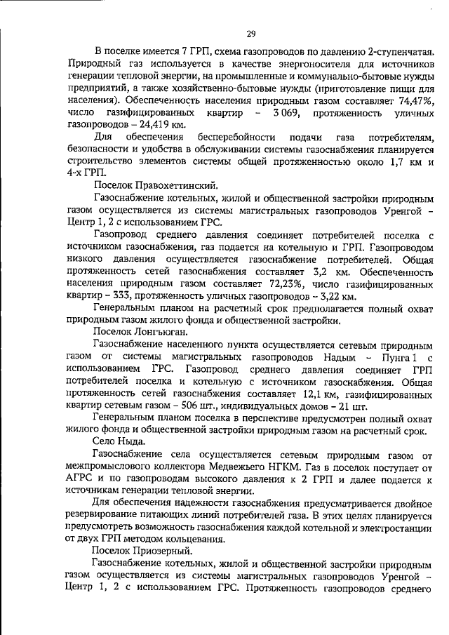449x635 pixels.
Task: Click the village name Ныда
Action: point(131,444)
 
